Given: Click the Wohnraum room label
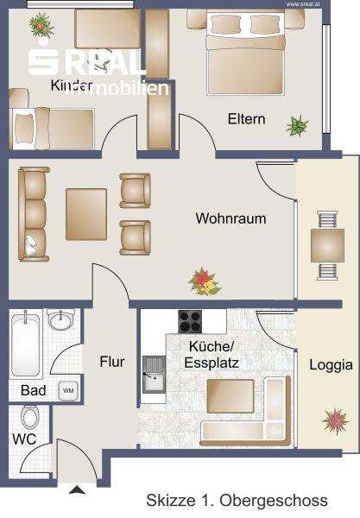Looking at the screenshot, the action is [231, 218].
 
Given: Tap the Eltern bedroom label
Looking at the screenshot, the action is [246, 119].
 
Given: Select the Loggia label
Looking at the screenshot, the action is [331, 365].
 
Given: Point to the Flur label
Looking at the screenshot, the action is [112, 362].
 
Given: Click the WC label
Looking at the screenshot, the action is [24, 439].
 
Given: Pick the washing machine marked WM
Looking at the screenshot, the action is [68, 391].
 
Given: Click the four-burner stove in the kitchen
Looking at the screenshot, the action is [190, 321].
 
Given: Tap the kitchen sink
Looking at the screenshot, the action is [155, 375].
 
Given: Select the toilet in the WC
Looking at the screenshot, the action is [30, 417].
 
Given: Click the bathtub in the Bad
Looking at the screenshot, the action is [26, 344].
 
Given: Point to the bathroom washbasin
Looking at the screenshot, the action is [60, 319].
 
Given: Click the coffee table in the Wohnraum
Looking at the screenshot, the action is [86, 214].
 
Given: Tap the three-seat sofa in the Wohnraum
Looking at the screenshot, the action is [33, 214].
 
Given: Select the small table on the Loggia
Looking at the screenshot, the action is [327, 245].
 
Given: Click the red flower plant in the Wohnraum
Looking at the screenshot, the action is [204, 281].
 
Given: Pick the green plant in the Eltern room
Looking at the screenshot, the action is [297, 126].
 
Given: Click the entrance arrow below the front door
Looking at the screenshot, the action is [78, 490].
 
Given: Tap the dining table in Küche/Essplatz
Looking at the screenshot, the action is [231, 396].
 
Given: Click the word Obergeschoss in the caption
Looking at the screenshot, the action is [274, 501].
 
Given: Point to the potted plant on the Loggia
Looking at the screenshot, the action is [336, 421].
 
